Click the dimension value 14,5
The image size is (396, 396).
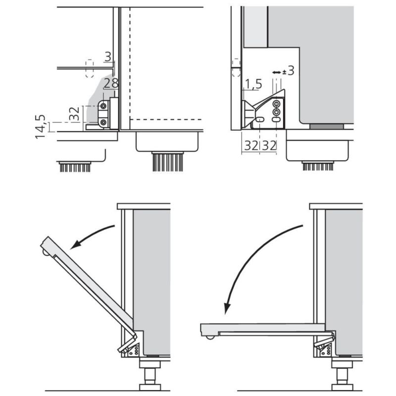coord(41,126)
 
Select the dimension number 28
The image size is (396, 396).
coord(111,83)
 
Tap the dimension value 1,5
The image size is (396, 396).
coord(253,84)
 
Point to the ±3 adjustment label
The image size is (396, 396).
coord(288,71)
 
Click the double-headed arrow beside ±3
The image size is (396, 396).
coord(277,72)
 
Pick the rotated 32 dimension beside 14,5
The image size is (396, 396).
coord(75,114)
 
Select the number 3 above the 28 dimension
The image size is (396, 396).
coord(108,56)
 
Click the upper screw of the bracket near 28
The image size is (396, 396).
coord(103,106)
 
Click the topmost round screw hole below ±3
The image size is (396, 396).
coord(277,103)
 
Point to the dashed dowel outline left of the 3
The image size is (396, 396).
coord(90,68)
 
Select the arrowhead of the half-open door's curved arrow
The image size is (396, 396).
coord(75,245)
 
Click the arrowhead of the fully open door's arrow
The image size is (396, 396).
coord(227,308)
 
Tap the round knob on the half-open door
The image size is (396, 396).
coord(45,252)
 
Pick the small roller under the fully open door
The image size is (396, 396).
coord(210,337)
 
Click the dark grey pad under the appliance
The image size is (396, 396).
coord(327,127)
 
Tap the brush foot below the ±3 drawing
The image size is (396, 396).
coord(318,166)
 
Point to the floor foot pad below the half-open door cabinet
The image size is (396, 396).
coord(150,387)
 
